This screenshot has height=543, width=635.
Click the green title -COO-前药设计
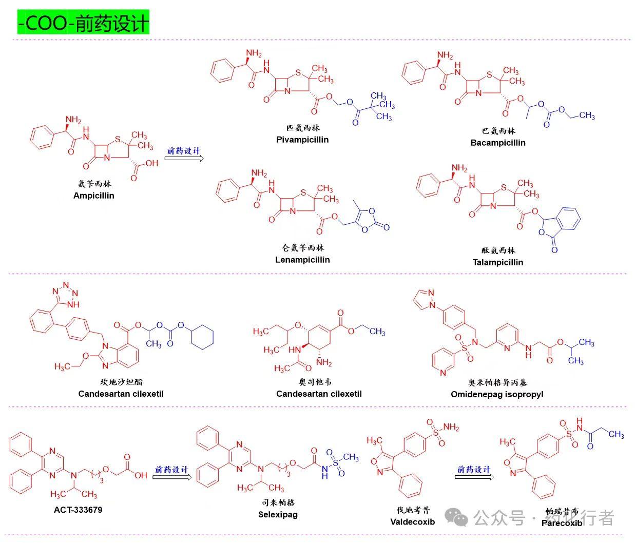pos(83,23)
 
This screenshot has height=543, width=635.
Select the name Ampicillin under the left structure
pos(94,196)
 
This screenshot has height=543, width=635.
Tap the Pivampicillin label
pos(302,140)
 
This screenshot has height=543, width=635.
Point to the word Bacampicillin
pos(498,143)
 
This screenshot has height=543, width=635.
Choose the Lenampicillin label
pos(302,260)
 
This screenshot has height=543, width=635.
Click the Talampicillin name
pos(498,262)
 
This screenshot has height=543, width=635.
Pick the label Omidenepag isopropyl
pos(497,394)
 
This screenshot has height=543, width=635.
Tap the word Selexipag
pos(278,514)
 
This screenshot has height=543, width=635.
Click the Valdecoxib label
pos(412,522)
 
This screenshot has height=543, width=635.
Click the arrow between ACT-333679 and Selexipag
pos(172,477)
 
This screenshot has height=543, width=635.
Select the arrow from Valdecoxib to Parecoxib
pos(474,477)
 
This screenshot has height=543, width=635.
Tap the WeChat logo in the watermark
pos(456,517)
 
